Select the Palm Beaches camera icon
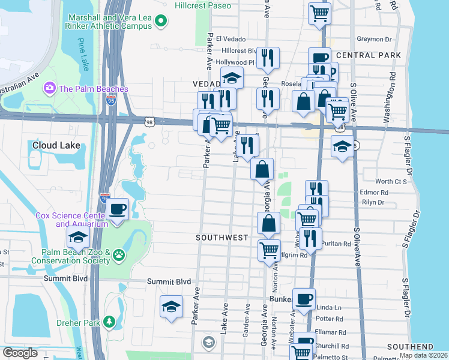(x=49, y=89)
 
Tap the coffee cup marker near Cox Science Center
(x=118, y=210)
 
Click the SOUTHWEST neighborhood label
(x=222, y=238)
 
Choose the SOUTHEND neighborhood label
(x=410, y=347)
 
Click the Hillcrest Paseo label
(x=202, y=5)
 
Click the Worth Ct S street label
(x=391, y=181)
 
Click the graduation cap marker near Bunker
(x=172, y=306)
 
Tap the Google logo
(x=20, y=353)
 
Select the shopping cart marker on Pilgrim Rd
(x=269, y=250)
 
